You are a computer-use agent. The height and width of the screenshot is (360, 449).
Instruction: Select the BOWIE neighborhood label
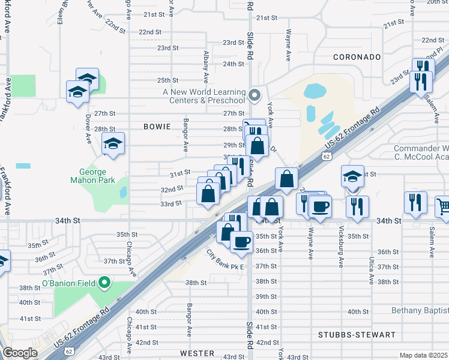coord(158,127)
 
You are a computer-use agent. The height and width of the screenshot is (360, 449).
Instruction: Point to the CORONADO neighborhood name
coord(358,57)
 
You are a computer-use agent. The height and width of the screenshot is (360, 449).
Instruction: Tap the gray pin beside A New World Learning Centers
coord(255,94)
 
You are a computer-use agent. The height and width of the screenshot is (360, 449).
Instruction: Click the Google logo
coord(20,353)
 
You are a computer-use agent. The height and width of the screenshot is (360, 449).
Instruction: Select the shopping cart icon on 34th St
coord(443,208)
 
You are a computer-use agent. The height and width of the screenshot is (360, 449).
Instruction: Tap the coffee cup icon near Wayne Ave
coord(319,207)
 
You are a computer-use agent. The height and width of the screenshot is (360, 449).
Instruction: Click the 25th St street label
coord(167,80)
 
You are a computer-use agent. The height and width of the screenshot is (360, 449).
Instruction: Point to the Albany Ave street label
coord(206,67)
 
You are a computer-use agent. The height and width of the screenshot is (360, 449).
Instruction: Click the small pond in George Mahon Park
coord(123,192)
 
